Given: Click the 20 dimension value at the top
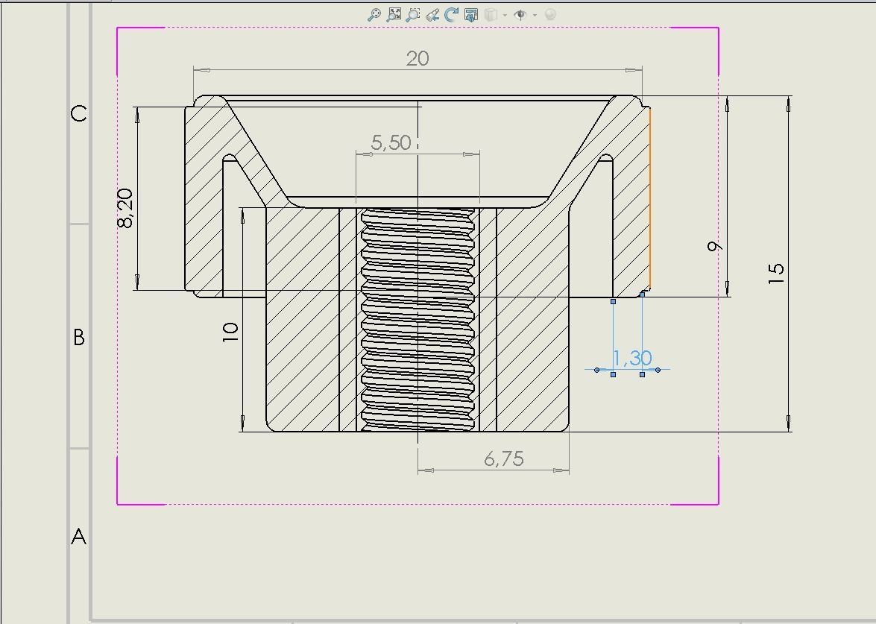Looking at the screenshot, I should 417,58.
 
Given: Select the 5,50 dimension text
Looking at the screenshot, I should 391,142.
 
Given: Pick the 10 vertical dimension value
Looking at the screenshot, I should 230,332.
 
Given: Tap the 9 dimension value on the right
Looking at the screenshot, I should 715,247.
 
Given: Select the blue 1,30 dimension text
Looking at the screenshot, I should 632,359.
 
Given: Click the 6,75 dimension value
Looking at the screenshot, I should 504,459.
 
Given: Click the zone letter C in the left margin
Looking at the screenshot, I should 79,114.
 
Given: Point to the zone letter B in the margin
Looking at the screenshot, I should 79,338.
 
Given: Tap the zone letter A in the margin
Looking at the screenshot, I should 79,537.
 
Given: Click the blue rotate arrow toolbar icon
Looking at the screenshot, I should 452,14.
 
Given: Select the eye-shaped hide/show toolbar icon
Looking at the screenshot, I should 520,14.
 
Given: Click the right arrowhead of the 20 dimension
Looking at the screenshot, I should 634,70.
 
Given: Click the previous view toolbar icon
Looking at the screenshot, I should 432,14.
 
